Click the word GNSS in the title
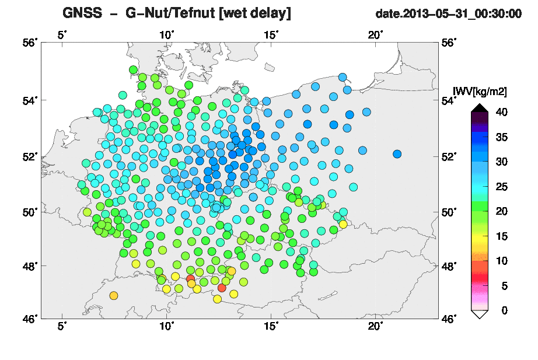82,13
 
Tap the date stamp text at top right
449,14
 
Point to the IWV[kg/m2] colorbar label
480,92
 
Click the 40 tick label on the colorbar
502,112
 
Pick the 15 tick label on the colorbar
502,236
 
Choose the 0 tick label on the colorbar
504,310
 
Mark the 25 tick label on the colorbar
502,187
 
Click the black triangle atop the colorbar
480,108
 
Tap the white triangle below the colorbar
480,314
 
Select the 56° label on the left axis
30,43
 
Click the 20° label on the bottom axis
375,326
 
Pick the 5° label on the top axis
62,35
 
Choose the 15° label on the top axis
271,35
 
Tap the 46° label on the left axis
30,319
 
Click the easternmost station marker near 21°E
397,154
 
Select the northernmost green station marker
133,69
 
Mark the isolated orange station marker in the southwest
114,295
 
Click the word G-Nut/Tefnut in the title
170,13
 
